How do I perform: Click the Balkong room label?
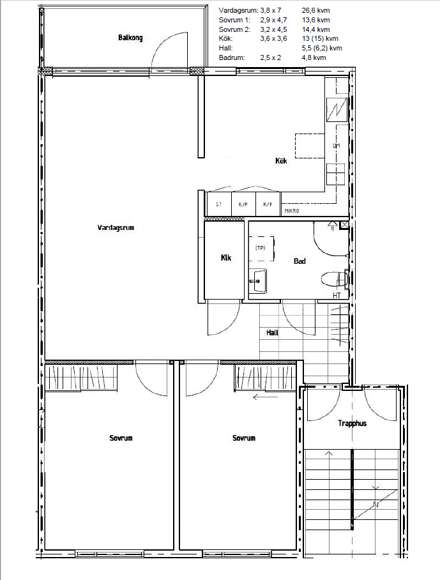[x=130, y=38]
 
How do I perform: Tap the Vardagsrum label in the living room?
[x=116, y=227]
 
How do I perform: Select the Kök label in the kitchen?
[x=281, y=160]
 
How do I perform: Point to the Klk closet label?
[x=225, y=257]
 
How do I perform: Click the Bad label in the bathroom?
[x=300, y=261]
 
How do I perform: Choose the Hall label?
[x=273, y=333]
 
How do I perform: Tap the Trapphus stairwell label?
[x=352, y=423]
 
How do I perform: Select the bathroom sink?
[x=258, y=281]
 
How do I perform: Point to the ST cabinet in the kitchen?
[x=218, y=204]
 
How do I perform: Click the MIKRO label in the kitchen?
[x=292, y=211]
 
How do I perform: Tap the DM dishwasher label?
[x=336, y=146]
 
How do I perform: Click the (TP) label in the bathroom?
[x=261, y=248]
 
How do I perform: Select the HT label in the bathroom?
[x=337, y=296]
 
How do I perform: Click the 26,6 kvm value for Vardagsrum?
[x=315, y=10]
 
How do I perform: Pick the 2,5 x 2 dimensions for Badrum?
[x=271, y=57]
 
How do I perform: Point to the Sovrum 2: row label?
[x=234, y=29]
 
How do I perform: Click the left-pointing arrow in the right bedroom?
[x=265, y=397]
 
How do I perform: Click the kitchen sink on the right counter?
[x=336, y=174]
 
